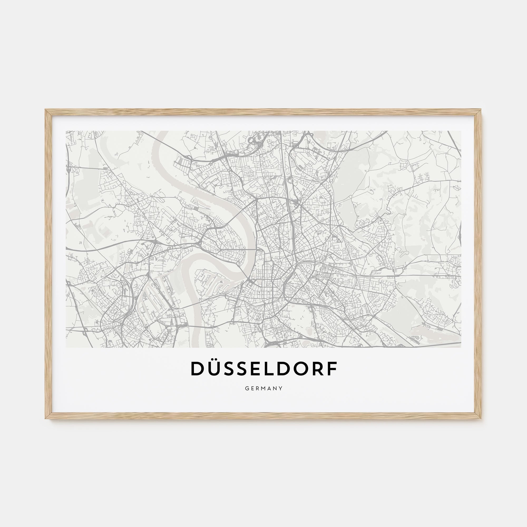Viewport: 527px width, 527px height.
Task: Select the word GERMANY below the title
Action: tap(263, 388)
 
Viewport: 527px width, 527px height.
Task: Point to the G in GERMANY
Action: tap(247, 388)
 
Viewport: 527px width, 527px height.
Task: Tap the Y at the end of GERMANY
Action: tap(281, 388)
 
